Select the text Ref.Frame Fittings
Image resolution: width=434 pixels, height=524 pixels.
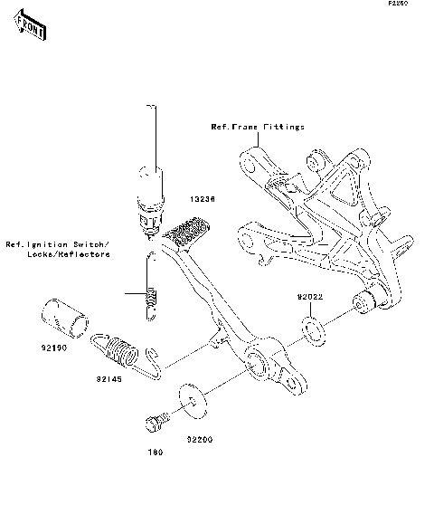point(258,128)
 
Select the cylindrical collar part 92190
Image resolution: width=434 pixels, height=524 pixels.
point(63,319)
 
